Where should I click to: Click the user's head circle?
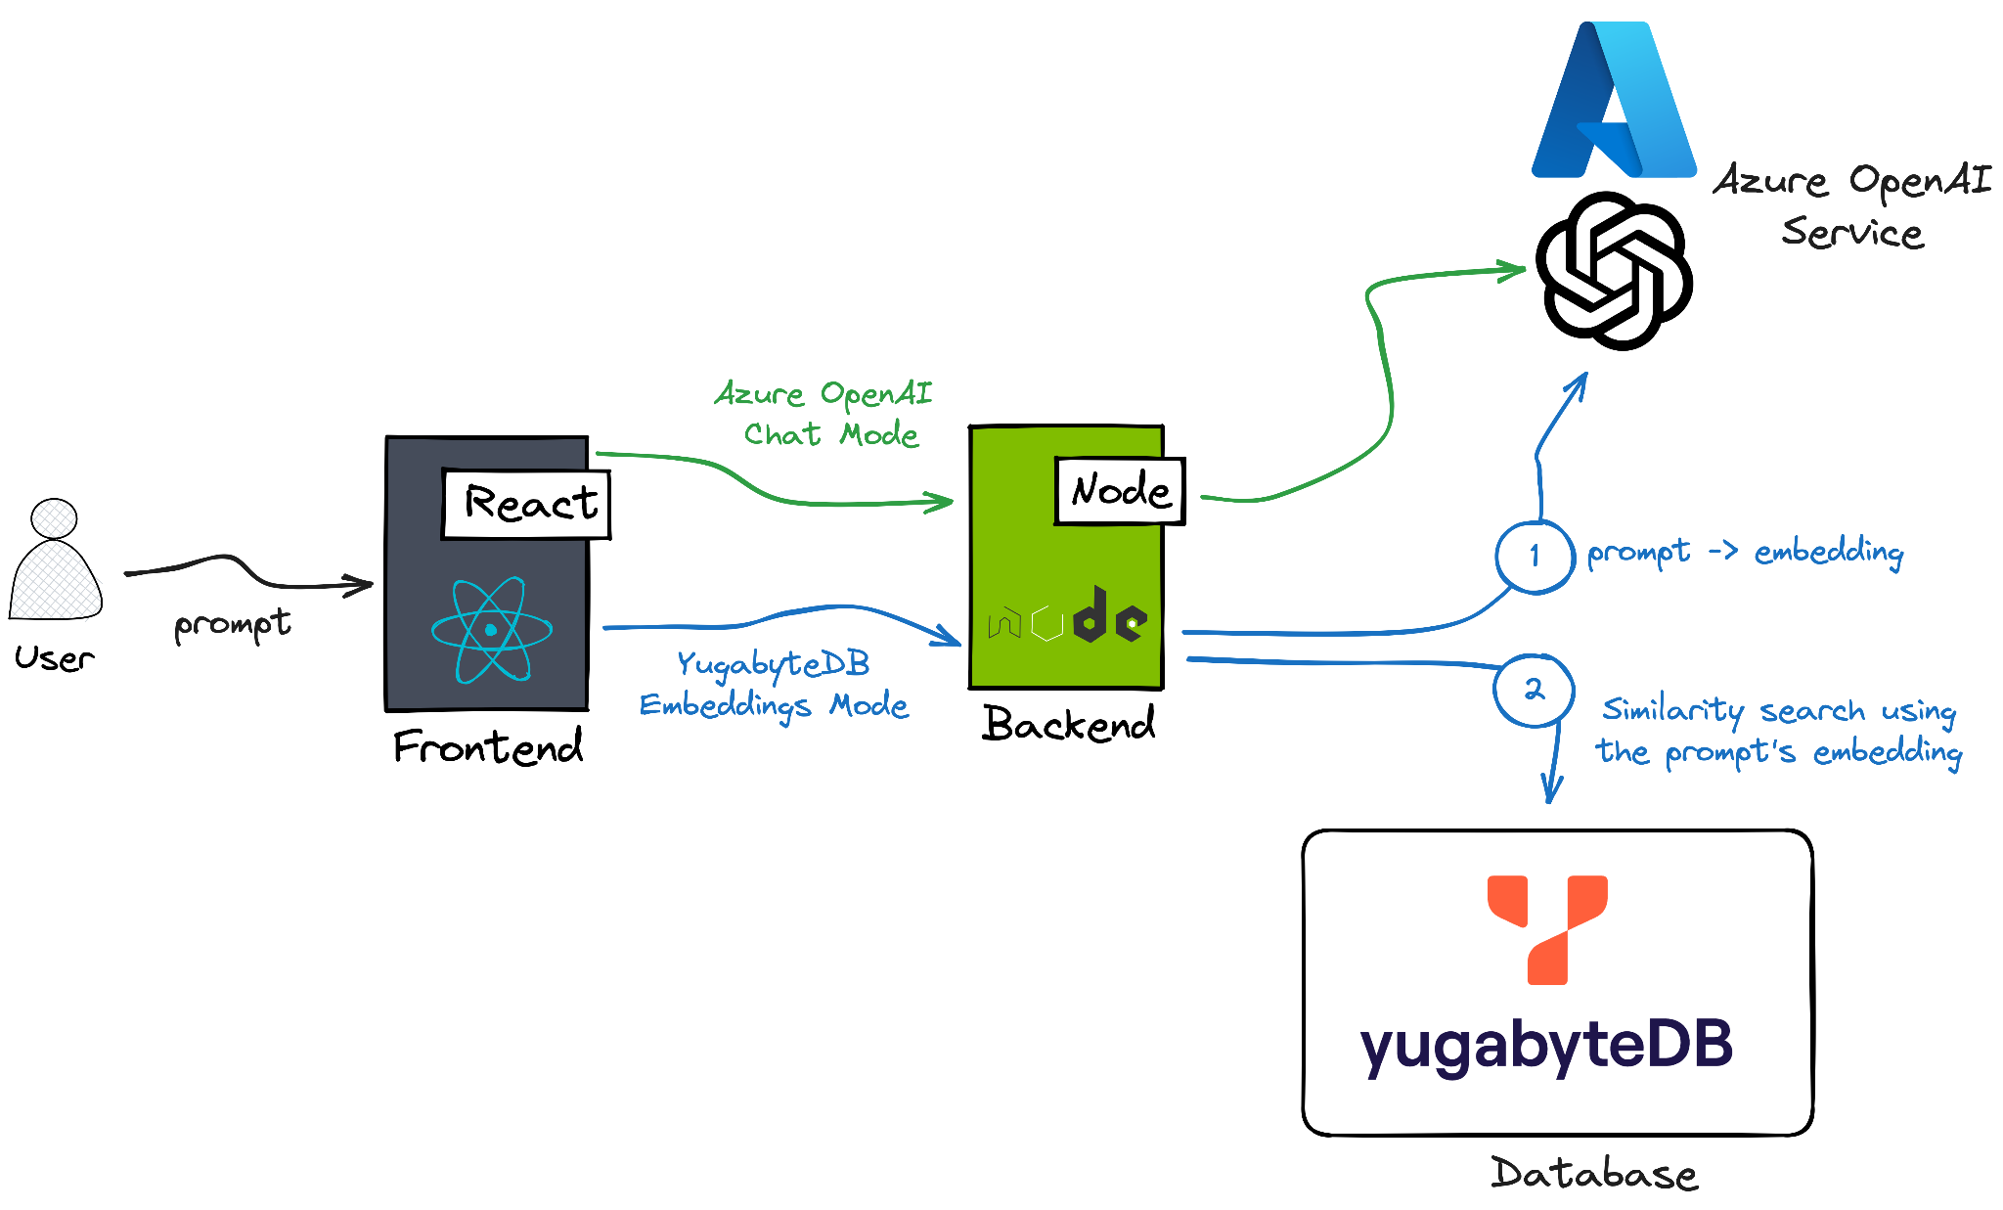(54, 518)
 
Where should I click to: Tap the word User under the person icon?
(55, 658)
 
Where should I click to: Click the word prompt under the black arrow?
(233, 625)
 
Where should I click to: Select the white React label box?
(526, 504)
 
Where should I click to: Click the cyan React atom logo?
(491, 630)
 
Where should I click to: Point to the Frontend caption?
(488, 747)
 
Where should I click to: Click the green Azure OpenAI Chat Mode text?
(824, 414)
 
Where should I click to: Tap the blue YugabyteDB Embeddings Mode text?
(774, 685)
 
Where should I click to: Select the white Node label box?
(1120, 490)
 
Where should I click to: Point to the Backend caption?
(1068, 725)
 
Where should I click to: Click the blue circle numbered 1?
(1535, 556)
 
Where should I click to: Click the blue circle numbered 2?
(1534, 690)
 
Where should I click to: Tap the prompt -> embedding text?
(1745, 553)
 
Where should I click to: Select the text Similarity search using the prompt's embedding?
(1778, 731)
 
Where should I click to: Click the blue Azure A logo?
(1614, 103)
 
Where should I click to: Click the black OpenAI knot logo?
(1614, 271)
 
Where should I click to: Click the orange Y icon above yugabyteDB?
(1547, 927)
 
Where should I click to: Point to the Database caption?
(1593, 1173)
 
